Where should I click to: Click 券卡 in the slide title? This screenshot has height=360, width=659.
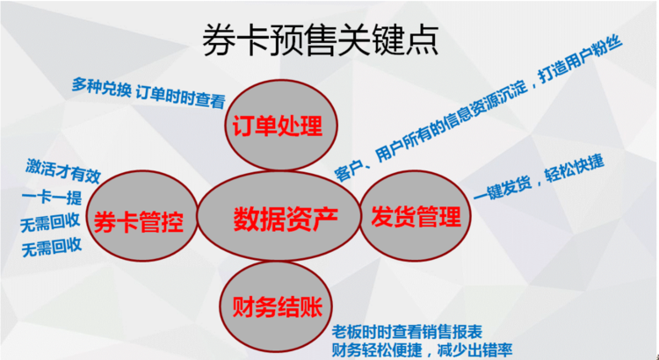[228, 40]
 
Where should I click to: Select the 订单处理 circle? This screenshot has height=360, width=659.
[281, 125]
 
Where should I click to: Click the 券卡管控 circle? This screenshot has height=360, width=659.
[141, 216]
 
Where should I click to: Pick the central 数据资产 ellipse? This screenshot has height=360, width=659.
[279, 215]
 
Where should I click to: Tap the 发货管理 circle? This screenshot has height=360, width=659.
[416, 215]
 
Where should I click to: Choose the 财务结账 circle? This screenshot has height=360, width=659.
[276, 306]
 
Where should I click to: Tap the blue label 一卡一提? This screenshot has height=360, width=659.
[52, 197]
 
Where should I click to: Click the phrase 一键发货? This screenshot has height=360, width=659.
[503, 186]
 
